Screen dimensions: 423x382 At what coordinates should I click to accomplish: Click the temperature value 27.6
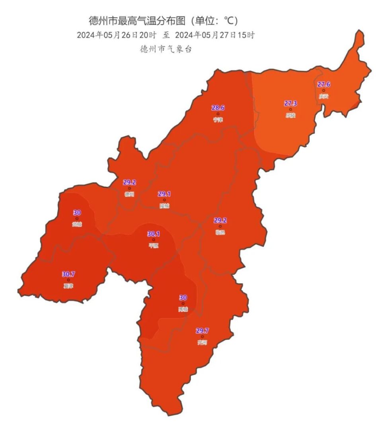click(x=324, y=84)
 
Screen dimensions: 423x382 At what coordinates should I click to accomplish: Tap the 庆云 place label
click(x=324, y=96)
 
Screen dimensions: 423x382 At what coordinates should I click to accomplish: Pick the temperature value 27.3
click(x=290, y=103)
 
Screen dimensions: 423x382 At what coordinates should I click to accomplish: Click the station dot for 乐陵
click(x=290, y=109)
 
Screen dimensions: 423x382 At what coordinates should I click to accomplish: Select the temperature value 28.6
click(x=218, y=108)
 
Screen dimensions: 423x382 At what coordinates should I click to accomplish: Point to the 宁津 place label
click(x=218, y=119)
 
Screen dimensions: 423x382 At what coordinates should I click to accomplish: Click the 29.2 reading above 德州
click(x=129, y=182)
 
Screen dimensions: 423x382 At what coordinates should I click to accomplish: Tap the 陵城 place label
click(x=164, y=206)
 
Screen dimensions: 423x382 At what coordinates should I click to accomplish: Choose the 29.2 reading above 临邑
click(x=220, y=220)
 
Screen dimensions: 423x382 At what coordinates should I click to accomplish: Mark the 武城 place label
click(x=77, y=224)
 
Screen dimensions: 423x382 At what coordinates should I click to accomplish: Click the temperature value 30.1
click(x=154, y=234)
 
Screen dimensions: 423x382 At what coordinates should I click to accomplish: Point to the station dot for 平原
click(x=154, y=240)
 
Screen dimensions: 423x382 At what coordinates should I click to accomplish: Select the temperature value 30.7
click(x=68, y=274)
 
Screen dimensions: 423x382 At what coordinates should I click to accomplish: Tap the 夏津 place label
click(x=68, y=286)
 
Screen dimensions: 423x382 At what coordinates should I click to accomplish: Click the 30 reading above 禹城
click(x=183, y=297)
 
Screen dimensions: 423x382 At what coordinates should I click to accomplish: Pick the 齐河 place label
click(x=202, y=342)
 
